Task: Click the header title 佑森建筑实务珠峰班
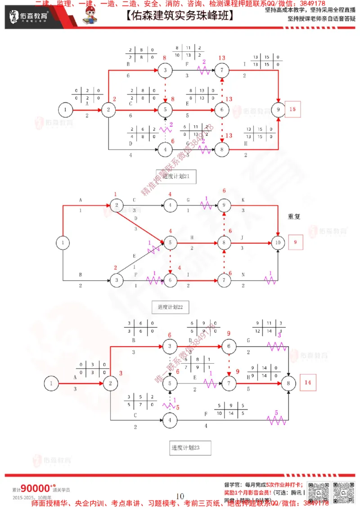(x=180, y=17)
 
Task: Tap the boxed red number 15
(x=293, y=109)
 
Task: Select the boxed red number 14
(x=307, y=383)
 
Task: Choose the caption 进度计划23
(x=185, y=447)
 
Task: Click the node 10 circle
(x=279, y=243)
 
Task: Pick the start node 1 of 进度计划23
(x=52, y=384)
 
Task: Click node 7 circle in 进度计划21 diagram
(x=221, y=70)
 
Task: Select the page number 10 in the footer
(x=180, y=496)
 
